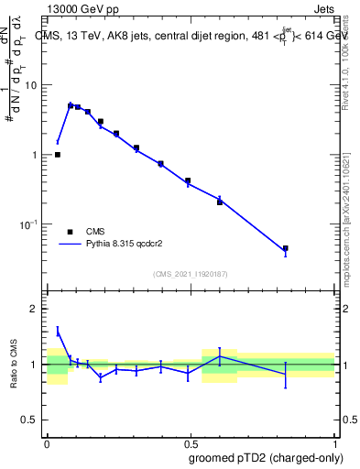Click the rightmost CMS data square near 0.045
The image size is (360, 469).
pos(286,248)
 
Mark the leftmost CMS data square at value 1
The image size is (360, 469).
pos(58,155)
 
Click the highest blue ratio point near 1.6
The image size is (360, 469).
pos(58,331)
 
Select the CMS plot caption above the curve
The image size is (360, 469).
pos(192,37)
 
